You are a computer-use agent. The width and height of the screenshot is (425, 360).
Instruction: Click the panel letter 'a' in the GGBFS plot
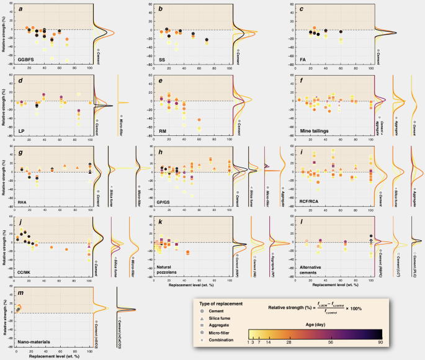(x=20, y=9)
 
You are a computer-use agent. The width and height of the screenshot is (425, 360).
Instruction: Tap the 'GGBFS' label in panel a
(x=27, y=60)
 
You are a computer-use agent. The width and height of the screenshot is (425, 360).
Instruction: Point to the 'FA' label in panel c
(x=301, y=60)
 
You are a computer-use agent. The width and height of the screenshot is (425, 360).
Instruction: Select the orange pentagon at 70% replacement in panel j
(x=66, y=249)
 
